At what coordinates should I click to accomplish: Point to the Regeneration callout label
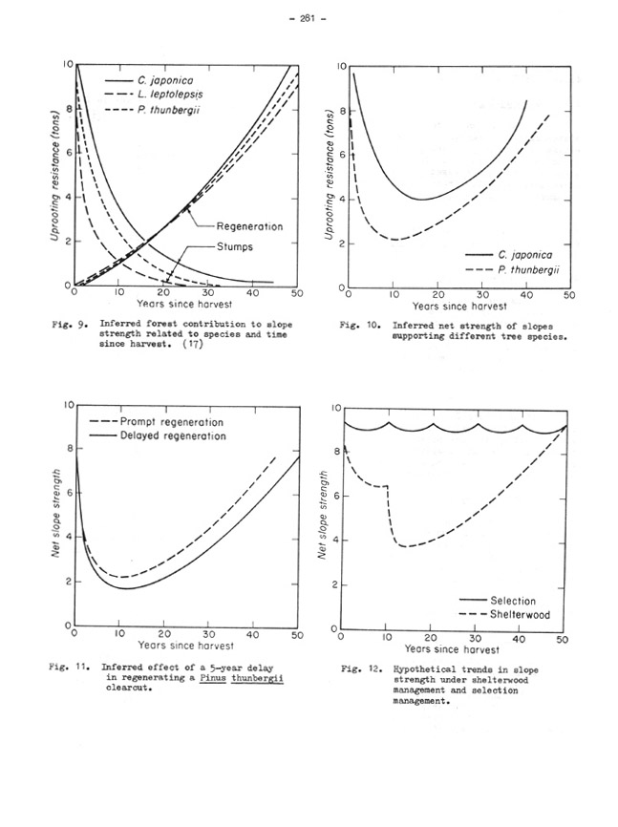click(x=250, y=226)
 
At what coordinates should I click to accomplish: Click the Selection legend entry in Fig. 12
click(x=518, y=600)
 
